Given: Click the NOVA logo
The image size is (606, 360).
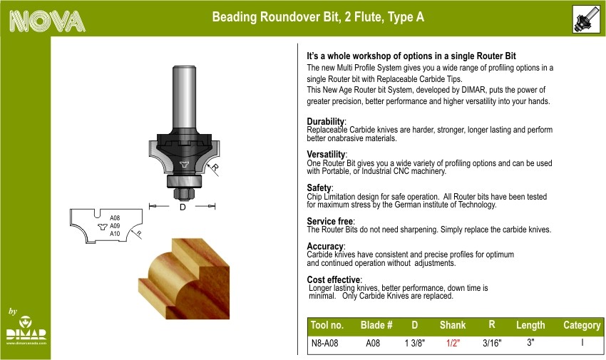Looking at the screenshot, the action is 47,21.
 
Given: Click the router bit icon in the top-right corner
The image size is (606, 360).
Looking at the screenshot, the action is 586,19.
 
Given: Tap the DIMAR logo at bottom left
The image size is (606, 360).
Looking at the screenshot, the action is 26,330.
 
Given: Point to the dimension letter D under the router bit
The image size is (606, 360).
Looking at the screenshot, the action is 183,207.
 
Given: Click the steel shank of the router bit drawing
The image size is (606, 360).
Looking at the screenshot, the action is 184,98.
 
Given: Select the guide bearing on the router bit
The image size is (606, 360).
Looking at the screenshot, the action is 184,181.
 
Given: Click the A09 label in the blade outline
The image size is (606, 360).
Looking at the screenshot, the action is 115,226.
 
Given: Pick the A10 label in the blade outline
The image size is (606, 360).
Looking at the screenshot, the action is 115,234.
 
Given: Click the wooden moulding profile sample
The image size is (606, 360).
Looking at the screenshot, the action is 184,279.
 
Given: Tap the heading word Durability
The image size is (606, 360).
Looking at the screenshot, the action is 325,122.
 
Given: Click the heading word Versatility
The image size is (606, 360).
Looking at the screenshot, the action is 326,155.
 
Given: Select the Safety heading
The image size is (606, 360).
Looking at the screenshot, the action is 319,188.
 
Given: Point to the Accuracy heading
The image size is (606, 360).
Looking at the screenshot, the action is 325,247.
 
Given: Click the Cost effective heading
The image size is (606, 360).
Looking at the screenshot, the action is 334,279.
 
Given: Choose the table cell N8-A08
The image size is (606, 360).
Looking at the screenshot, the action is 324,343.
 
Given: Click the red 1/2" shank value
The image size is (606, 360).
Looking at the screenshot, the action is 453,343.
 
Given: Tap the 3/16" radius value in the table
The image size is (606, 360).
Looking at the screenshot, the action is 492,343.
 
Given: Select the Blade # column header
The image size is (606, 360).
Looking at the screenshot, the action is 376,325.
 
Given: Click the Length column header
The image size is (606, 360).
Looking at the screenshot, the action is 530,325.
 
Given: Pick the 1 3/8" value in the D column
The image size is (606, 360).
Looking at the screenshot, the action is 415,343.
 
